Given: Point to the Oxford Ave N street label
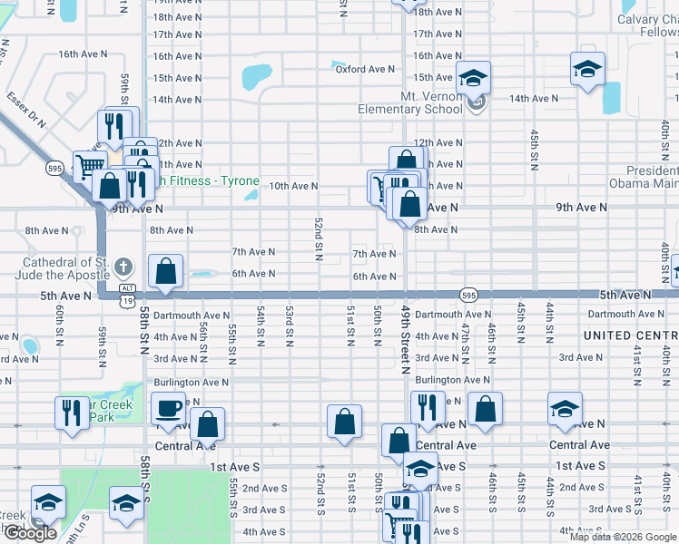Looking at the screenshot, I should tap(365, 69).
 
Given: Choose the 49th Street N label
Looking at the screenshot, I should tap(406, 335).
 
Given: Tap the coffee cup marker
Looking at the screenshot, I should tap(168, 408).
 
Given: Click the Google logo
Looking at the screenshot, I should tap(29, 534).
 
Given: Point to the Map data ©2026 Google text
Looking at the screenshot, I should tap(623, 537).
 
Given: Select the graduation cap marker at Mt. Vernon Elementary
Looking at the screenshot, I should tap(473, 78).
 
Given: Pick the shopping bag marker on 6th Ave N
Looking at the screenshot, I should tap(166, 271).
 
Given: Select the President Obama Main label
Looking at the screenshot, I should tap(651, 177).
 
